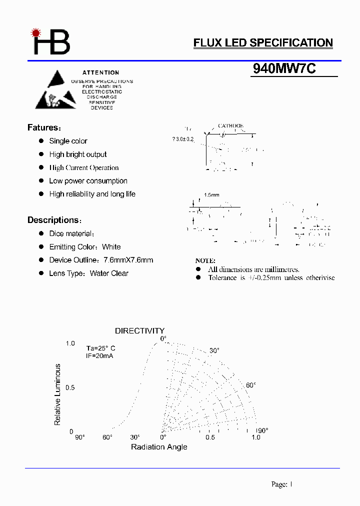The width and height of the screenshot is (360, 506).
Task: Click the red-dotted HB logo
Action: point(51,41)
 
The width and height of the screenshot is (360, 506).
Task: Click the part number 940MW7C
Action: point(284,69)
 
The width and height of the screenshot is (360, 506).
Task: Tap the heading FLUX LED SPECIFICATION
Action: point(263,43)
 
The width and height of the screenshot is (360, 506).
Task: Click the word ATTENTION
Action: point(101,72)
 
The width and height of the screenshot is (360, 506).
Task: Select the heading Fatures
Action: point(44,127)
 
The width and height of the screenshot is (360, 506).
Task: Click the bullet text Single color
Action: point(68,141)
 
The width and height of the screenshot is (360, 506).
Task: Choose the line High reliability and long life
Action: point(92,194)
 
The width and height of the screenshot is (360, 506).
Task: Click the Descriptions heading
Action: point(54,220)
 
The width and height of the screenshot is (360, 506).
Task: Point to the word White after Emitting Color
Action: point(111,247)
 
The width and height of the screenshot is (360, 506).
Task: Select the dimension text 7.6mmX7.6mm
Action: point(128,260)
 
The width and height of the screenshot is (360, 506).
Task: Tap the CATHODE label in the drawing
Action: point(230,126)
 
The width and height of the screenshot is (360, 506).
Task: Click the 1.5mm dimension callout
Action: point(211,195)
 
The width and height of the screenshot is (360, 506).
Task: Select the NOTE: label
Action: point(205,260)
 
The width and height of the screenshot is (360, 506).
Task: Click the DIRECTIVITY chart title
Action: point(139,330)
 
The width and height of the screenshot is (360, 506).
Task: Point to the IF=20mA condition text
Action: point(100,356)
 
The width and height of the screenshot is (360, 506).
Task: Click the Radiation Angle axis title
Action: point(159,446)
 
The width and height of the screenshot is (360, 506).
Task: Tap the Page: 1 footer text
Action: point(281,484)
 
